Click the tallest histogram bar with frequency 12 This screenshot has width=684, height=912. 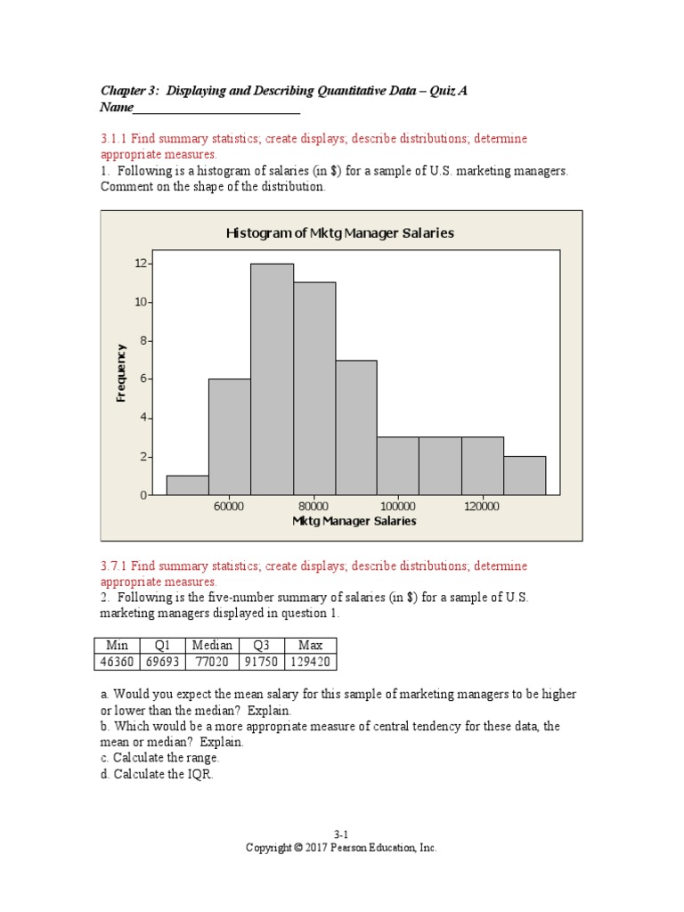(x=272, y=379)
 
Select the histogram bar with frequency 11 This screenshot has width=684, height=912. (x=314, y=388)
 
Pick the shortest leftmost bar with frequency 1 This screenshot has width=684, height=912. (x=187, y=485)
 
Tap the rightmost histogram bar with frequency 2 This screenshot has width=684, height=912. (x=525, y=476)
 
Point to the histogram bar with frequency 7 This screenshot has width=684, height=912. (x=356, y=427)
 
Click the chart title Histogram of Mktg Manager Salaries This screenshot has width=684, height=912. (x=340, y=233)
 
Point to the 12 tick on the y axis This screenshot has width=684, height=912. (x=141, y=264)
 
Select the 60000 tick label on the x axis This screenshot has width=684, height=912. (x=229, y=507)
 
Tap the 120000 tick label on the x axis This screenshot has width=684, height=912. (x=482, y=507)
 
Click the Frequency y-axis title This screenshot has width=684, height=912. (x=122, y=373)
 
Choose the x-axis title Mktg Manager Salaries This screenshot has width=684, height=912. (x=354, y=521)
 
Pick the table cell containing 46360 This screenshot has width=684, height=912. (x=117, y=662)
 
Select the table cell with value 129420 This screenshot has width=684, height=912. (x=310, y=662)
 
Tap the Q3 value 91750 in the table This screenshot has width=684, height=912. (x=261, y=662)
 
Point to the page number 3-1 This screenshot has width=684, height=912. (x=341, y=835)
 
